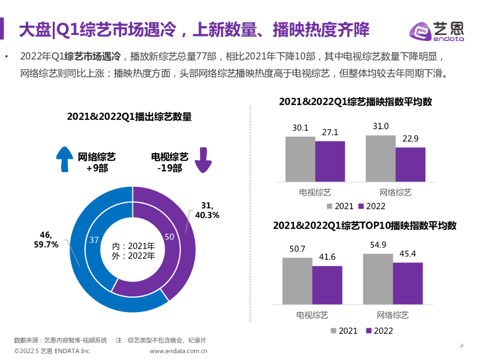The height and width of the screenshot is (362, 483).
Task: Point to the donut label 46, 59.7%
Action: point(46,240)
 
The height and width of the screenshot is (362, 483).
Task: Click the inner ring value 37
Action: point(94,240)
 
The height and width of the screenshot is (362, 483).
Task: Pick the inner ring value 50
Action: point(170,237)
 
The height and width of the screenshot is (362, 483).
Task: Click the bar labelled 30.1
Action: point(300,159)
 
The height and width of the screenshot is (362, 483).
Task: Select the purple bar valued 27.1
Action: point(330,161)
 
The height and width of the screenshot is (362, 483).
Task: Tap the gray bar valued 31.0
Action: point(380,158)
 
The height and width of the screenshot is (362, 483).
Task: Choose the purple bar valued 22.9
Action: point(410,164)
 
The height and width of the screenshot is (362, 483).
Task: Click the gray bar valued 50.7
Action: point(297,280)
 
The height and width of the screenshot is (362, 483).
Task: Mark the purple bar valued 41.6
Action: point(327,285)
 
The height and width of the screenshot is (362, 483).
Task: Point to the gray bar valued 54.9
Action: point(378,279)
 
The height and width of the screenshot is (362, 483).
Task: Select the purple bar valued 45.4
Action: point(408,283)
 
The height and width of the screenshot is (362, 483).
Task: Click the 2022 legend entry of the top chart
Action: point(372,206)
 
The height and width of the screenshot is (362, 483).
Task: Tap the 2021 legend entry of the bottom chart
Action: point(344,331)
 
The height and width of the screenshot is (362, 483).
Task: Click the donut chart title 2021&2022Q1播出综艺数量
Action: point(129,116)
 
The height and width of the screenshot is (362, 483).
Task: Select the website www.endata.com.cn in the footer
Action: point(179,351)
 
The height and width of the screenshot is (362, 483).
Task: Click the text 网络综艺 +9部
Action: point(97,162)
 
